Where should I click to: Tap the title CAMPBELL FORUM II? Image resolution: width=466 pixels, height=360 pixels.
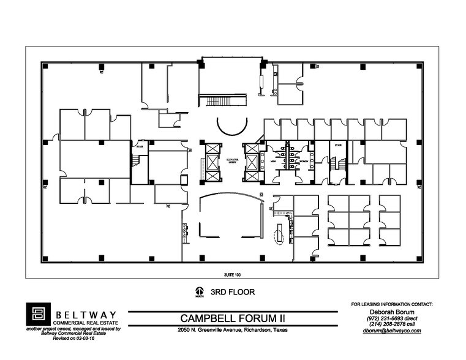pyautogui.click(x=233, y=318)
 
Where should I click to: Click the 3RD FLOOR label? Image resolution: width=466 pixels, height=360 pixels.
pyautogui.click(x=233, y=292)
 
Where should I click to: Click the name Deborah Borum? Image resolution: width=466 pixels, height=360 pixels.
pyautogui.click(x=392, y=312)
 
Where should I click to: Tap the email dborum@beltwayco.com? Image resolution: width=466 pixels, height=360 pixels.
pyautogui.click(x=392, y=331)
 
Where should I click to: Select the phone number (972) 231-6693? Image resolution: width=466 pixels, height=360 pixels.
pyautogui.click(x=392, y=318)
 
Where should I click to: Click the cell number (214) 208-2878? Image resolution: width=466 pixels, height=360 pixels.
pyautogui.click(x=392, y=324)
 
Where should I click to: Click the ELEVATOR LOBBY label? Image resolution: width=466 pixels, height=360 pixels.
pyautogui.click(x=231, y=160)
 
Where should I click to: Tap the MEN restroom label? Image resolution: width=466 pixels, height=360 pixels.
pyautogui.click(x=273, y=162)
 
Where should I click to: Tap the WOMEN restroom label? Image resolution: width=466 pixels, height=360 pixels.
pyautogui.click(x=303, y=162)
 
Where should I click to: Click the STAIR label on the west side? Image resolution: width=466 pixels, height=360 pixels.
pyautogui.click(x=140, y=146)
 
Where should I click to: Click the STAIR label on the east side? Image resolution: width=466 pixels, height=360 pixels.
pyautogui.click(x=337, y=146)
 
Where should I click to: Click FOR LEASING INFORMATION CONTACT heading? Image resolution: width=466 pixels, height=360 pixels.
pyautogui.click(x=392, y=304)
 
